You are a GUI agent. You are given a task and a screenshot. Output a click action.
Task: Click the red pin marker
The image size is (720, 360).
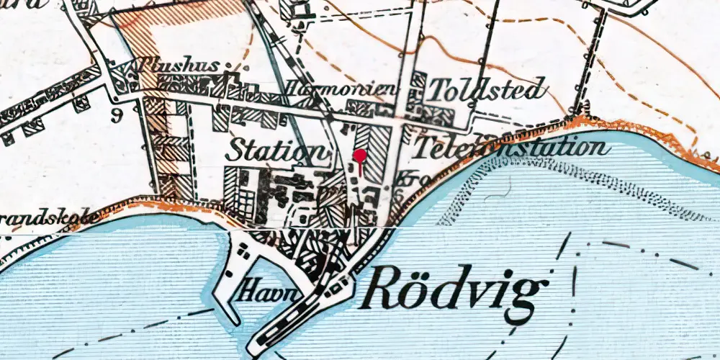tap(359, 157)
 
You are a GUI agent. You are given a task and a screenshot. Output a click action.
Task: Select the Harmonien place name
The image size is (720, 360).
tap(341, 89)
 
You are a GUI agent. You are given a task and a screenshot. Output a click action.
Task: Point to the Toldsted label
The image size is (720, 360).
tap(487, 90)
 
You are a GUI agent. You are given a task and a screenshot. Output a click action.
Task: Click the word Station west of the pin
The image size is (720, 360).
tap(276, 151)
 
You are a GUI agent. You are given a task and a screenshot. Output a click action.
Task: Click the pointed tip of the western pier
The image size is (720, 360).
tap(235, 320)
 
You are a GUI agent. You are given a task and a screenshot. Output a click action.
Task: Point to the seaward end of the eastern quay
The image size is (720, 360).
tap(253, 352)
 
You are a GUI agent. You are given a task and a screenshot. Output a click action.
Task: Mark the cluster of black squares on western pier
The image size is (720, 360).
tap(243, 251)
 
